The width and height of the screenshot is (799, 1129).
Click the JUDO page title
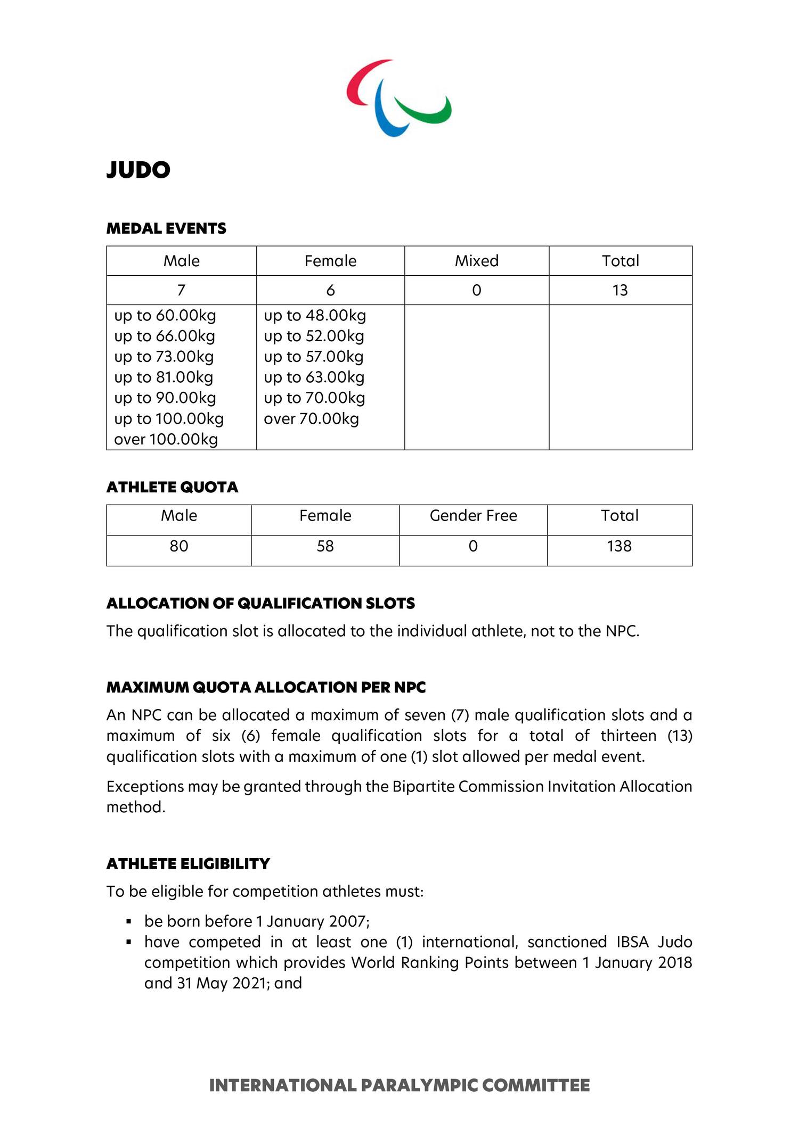tap(138, 170)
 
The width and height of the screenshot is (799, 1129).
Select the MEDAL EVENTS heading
tap(166, 228)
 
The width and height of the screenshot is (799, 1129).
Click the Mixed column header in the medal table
tap(477, 261)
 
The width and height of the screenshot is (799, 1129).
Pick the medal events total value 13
tap(620, 290)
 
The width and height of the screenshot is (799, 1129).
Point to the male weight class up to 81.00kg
tap(164, 377)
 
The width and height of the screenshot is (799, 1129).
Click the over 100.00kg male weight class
tap(166, 440)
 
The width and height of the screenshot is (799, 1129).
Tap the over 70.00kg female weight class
tap(311, 419)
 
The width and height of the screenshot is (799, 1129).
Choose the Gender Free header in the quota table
tap(473, 515)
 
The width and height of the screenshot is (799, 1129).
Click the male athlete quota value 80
tap(178, 546)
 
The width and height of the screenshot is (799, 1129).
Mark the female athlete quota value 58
tap(325, 546)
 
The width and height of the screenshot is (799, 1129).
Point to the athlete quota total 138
tap(619, 546)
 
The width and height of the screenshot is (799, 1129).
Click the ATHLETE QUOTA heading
tap(172, 487)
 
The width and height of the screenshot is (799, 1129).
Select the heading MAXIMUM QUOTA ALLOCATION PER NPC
tap(266, 687)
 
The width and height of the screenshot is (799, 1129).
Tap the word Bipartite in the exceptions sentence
tap(423, 786)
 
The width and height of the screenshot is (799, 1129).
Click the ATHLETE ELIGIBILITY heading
tap(188, 863)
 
